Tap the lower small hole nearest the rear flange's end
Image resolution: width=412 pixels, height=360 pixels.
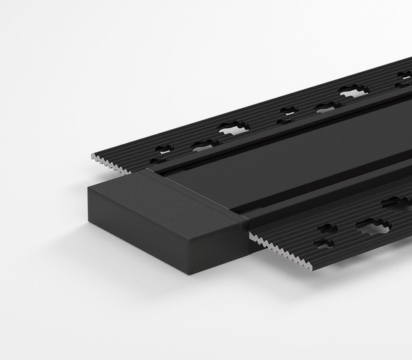pyautogui.click(x=159, y=160)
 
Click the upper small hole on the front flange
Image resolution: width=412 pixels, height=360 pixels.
pyautogui.click(x=327, y=228)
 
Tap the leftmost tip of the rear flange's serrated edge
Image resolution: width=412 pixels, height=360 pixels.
pyautogui.click(x=92, y=155)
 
